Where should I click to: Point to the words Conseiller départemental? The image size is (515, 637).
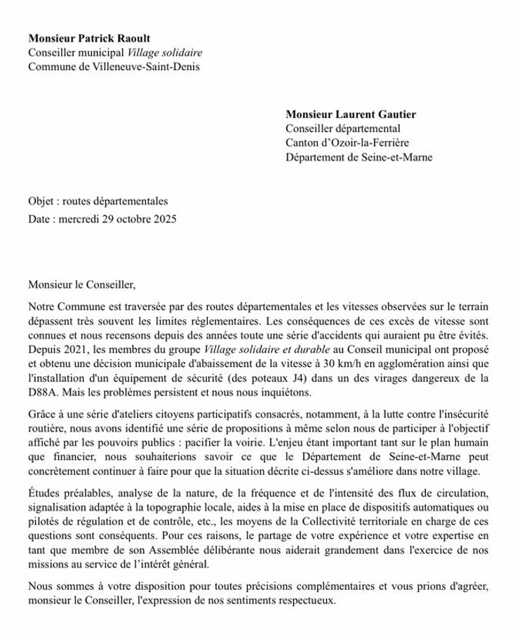[342, 128]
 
